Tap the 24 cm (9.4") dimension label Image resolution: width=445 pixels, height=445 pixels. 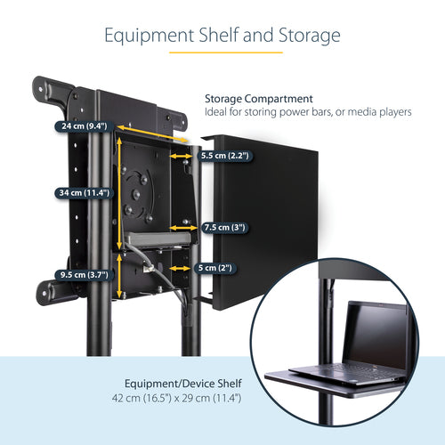[81, 126]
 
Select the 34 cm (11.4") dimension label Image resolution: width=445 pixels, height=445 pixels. [81, 192]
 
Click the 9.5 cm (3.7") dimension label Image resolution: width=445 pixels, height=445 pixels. [81, 275]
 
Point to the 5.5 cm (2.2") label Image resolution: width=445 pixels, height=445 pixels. [224, 155]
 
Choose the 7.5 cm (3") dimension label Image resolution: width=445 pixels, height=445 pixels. [224, 227]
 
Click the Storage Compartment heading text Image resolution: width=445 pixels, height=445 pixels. [259, 98]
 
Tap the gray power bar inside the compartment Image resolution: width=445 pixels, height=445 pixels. [160, 239]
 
